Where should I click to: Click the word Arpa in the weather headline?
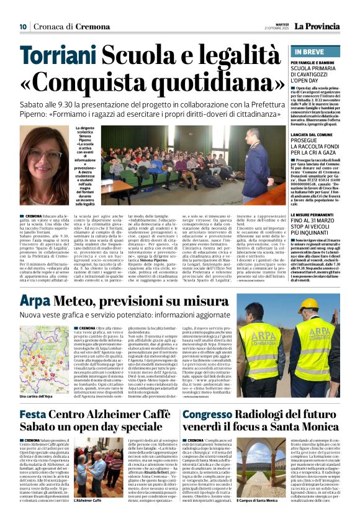34,302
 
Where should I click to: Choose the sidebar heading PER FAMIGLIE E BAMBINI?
316,63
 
